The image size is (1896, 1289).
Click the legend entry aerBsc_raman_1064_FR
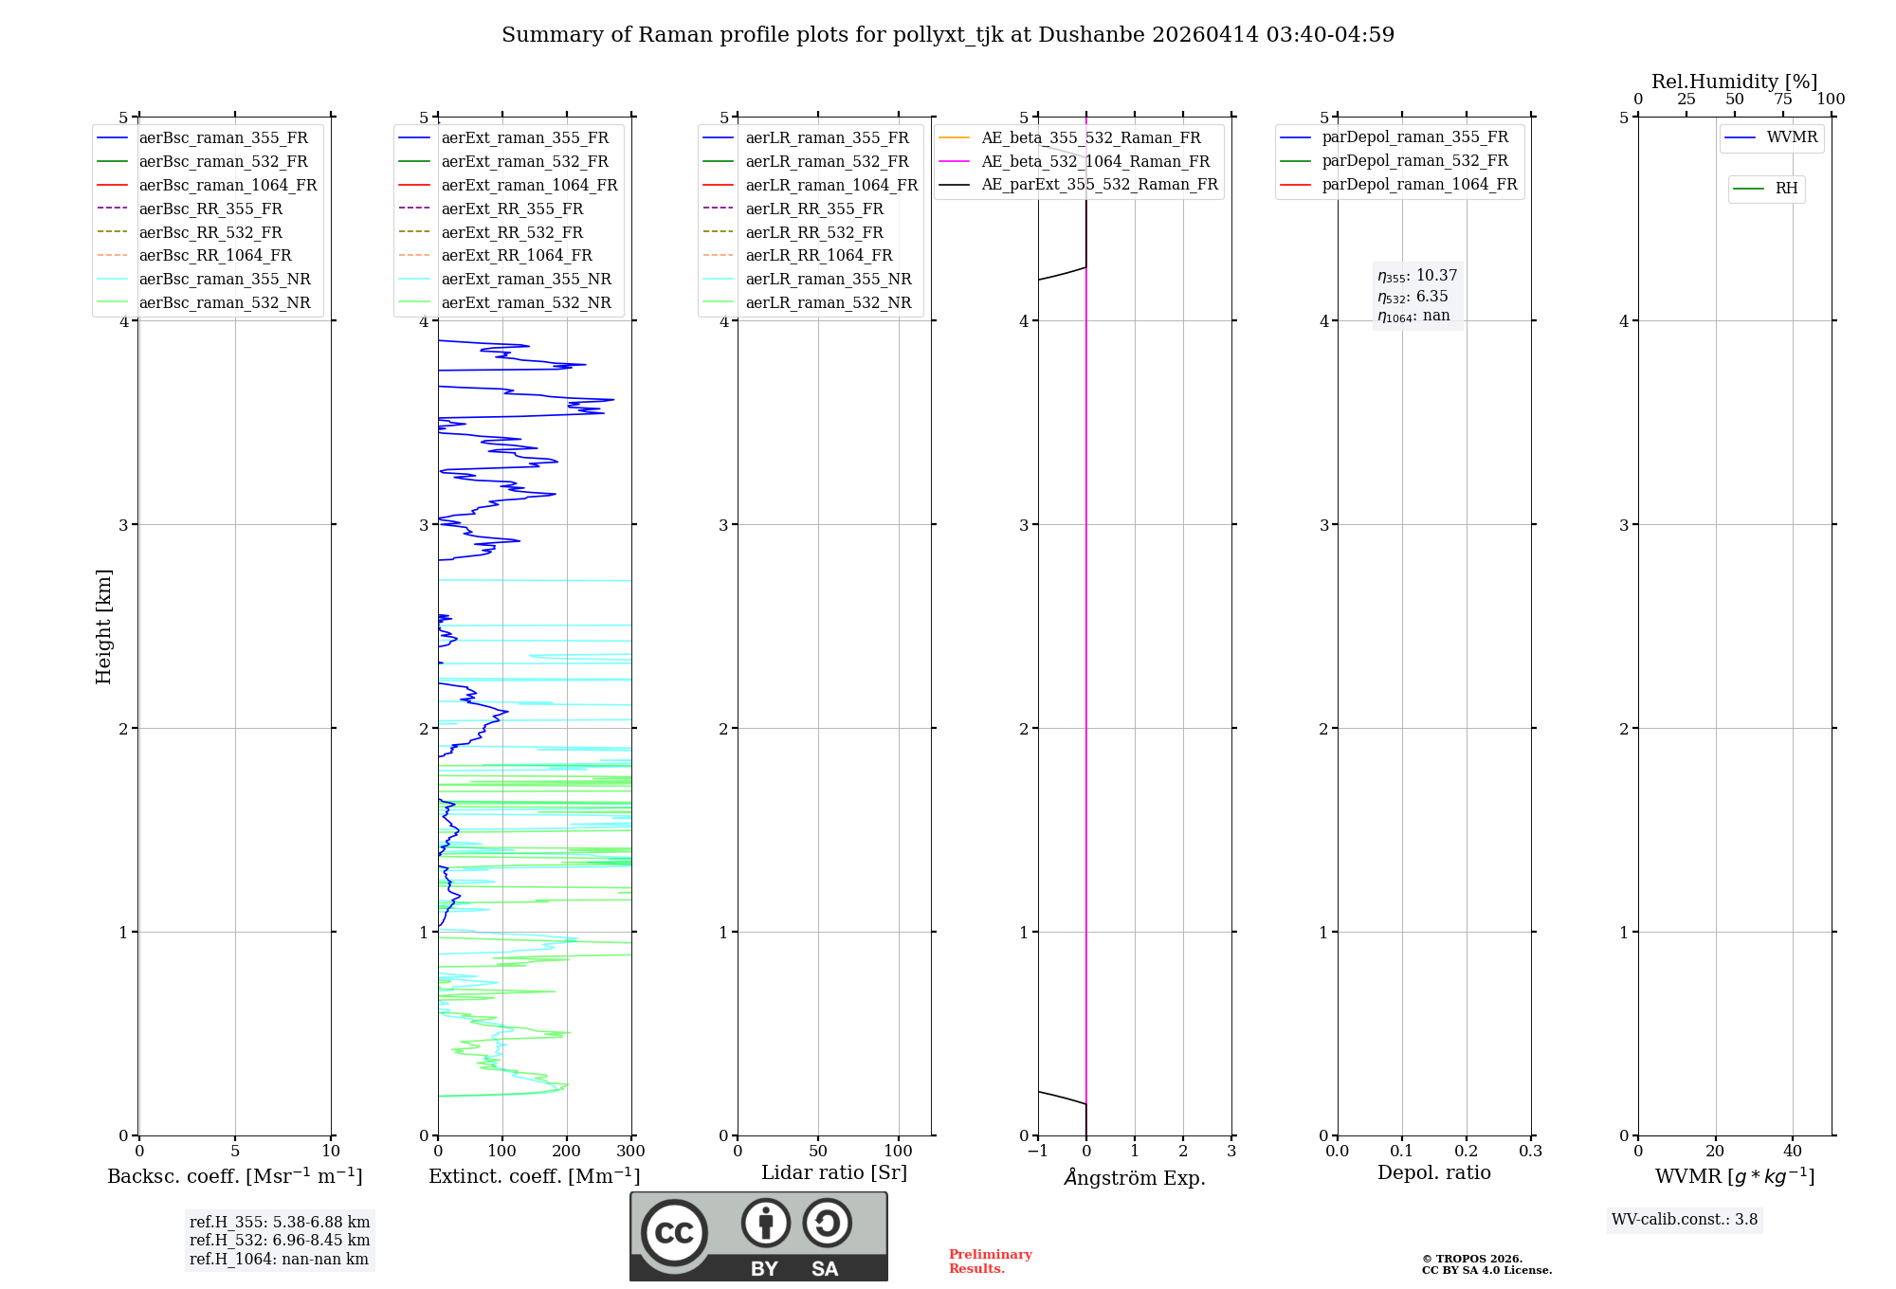click(228, 185)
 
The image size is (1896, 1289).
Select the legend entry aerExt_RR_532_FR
click(512, 232)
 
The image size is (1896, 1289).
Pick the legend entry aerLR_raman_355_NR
click(828, 279)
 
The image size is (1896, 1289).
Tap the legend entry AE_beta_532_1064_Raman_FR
click(1095, 161)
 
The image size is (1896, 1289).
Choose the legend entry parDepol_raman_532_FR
click(1414, 161)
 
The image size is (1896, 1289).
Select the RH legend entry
click(1786, 189)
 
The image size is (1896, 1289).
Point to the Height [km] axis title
click(103, 626)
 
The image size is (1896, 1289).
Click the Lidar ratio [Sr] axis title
click(834, 1172)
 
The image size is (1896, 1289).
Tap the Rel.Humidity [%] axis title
click(1734, 82)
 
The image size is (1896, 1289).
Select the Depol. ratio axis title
click(1433, 1172)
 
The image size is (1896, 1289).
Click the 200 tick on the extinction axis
click(566, 1152)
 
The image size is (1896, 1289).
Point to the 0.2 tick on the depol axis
click(1466, 1152)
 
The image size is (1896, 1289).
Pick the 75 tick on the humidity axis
click(1782, 100)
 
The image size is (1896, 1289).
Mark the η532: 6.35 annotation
click(1413, 297)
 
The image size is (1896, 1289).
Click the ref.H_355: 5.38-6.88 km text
click(280, 1222)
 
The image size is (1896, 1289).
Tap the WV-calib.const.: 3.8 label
click(1685, 1220)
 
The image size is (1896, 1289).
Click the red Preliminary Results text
click(990, 1262)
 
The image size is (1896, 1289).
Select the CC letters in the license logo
click(674, 1232)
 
